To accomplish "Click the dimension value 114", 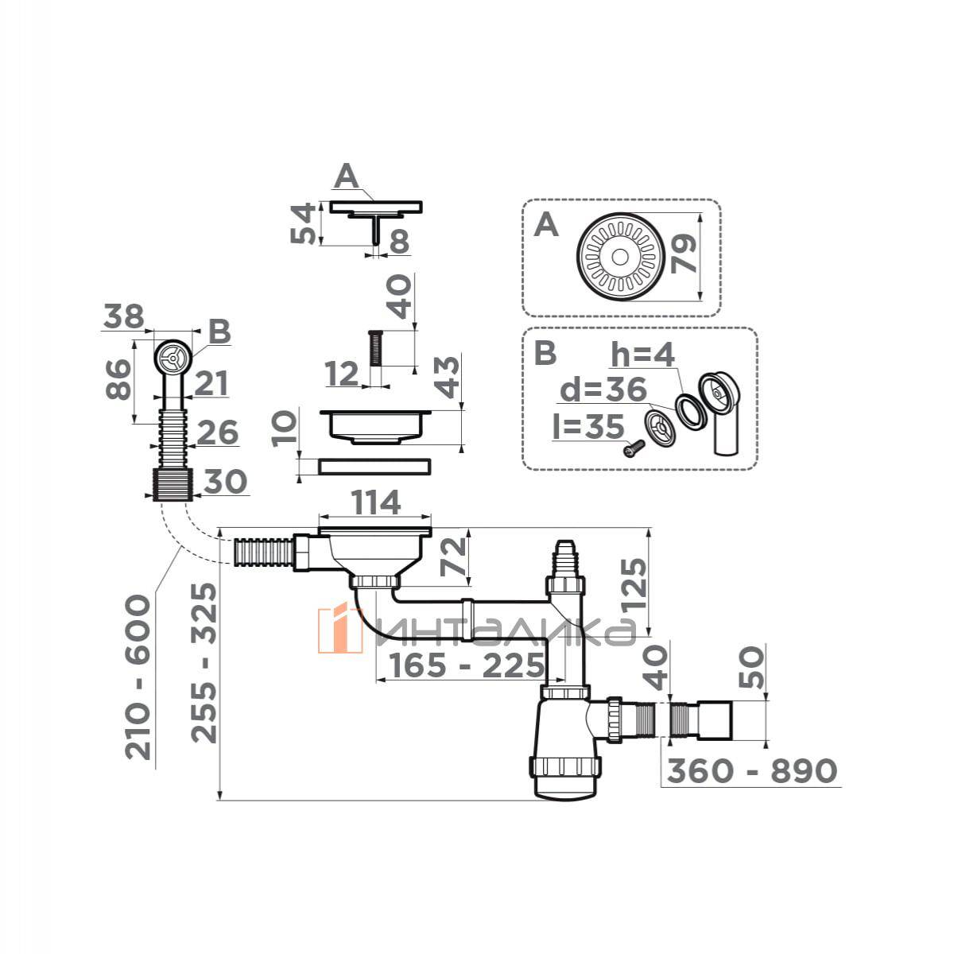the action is [375, 503].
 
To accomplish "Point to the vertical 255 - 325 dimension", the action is [204, 663].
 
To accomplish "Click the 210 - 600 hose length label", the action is [137, 677].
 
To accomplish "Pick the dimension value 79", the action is [684, 254].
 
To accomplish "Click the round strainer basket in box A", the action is [619, 257].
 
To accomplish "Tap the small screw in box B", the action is [634, 448].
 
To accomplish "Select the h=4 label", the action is [643, 354].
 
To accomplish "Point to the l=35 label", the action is [588, 426].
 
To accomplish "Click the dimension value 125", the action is [635, 584].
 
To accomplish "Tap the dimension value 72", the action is [454, 557].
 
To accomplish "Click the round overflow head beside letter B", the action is [172, 357].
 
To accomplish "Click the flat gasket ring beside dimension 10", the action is [374, 467].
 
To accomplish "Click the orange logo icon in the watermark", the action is [340, 629].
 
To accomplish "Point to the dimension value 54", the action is [302, 223].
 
